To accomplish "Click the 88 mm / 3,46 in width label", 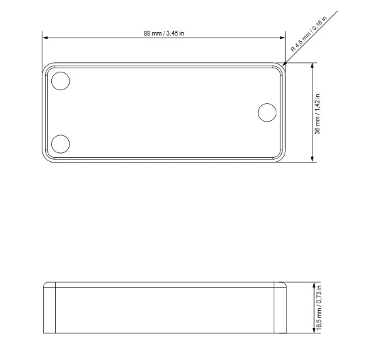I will coord(164,33).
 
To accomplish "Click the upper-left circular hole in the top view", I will coord(61,81).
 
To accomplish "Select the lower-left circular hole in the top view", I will coord(61,143).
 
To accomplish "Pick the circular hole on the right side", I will coord(266,113).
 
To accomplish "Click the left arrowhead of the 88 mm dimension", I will coord(46,39).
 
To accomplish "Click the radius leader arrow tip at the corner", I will coord(283,67).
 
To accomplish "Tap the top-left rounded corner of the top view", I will coord(46,68).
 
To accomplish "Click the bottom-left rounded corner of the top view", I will coord(46,159).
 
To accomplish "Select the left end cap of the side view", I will coord(50,307).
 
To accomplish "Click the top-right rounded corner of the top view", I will coord(281,68).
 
